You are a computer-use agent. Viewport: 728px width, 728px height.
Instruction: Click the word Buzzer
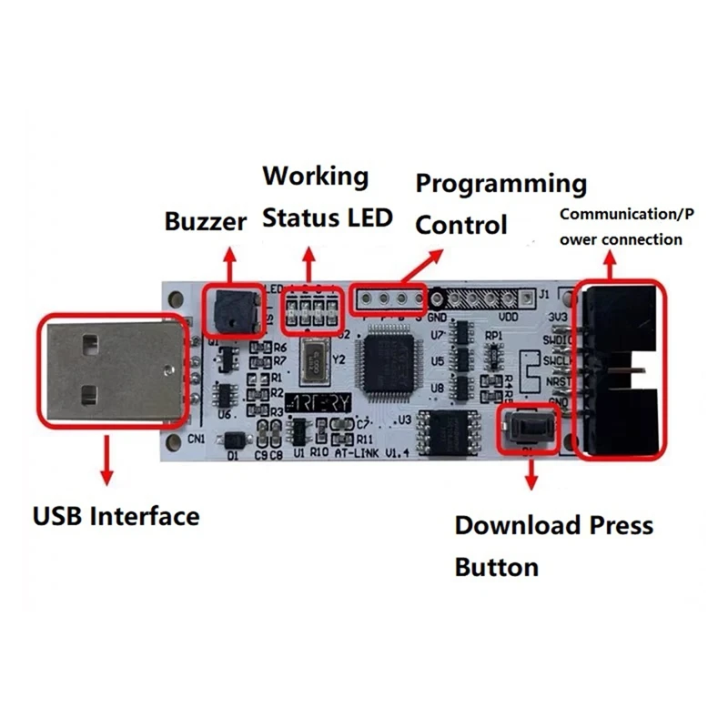point(206,221)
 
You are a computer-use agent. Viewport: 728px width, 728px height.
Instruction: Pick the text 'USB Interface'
point(116,516)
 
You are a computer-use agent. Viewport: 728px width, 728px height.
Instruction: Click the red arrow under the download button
point(531,477)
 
